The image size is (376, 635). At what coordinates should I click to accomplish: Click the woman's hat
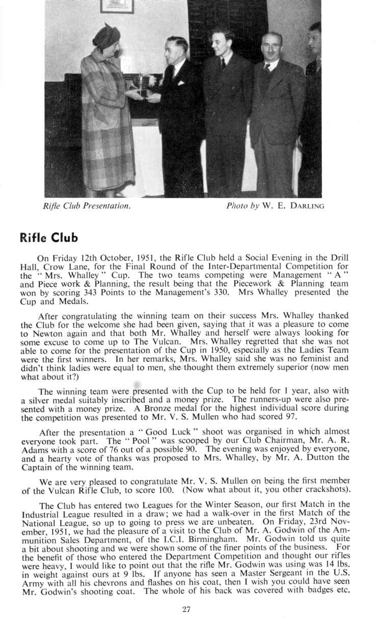coord(106,37)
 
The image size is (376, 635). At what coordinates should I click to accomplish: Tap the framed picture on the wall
coord(117,6)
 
